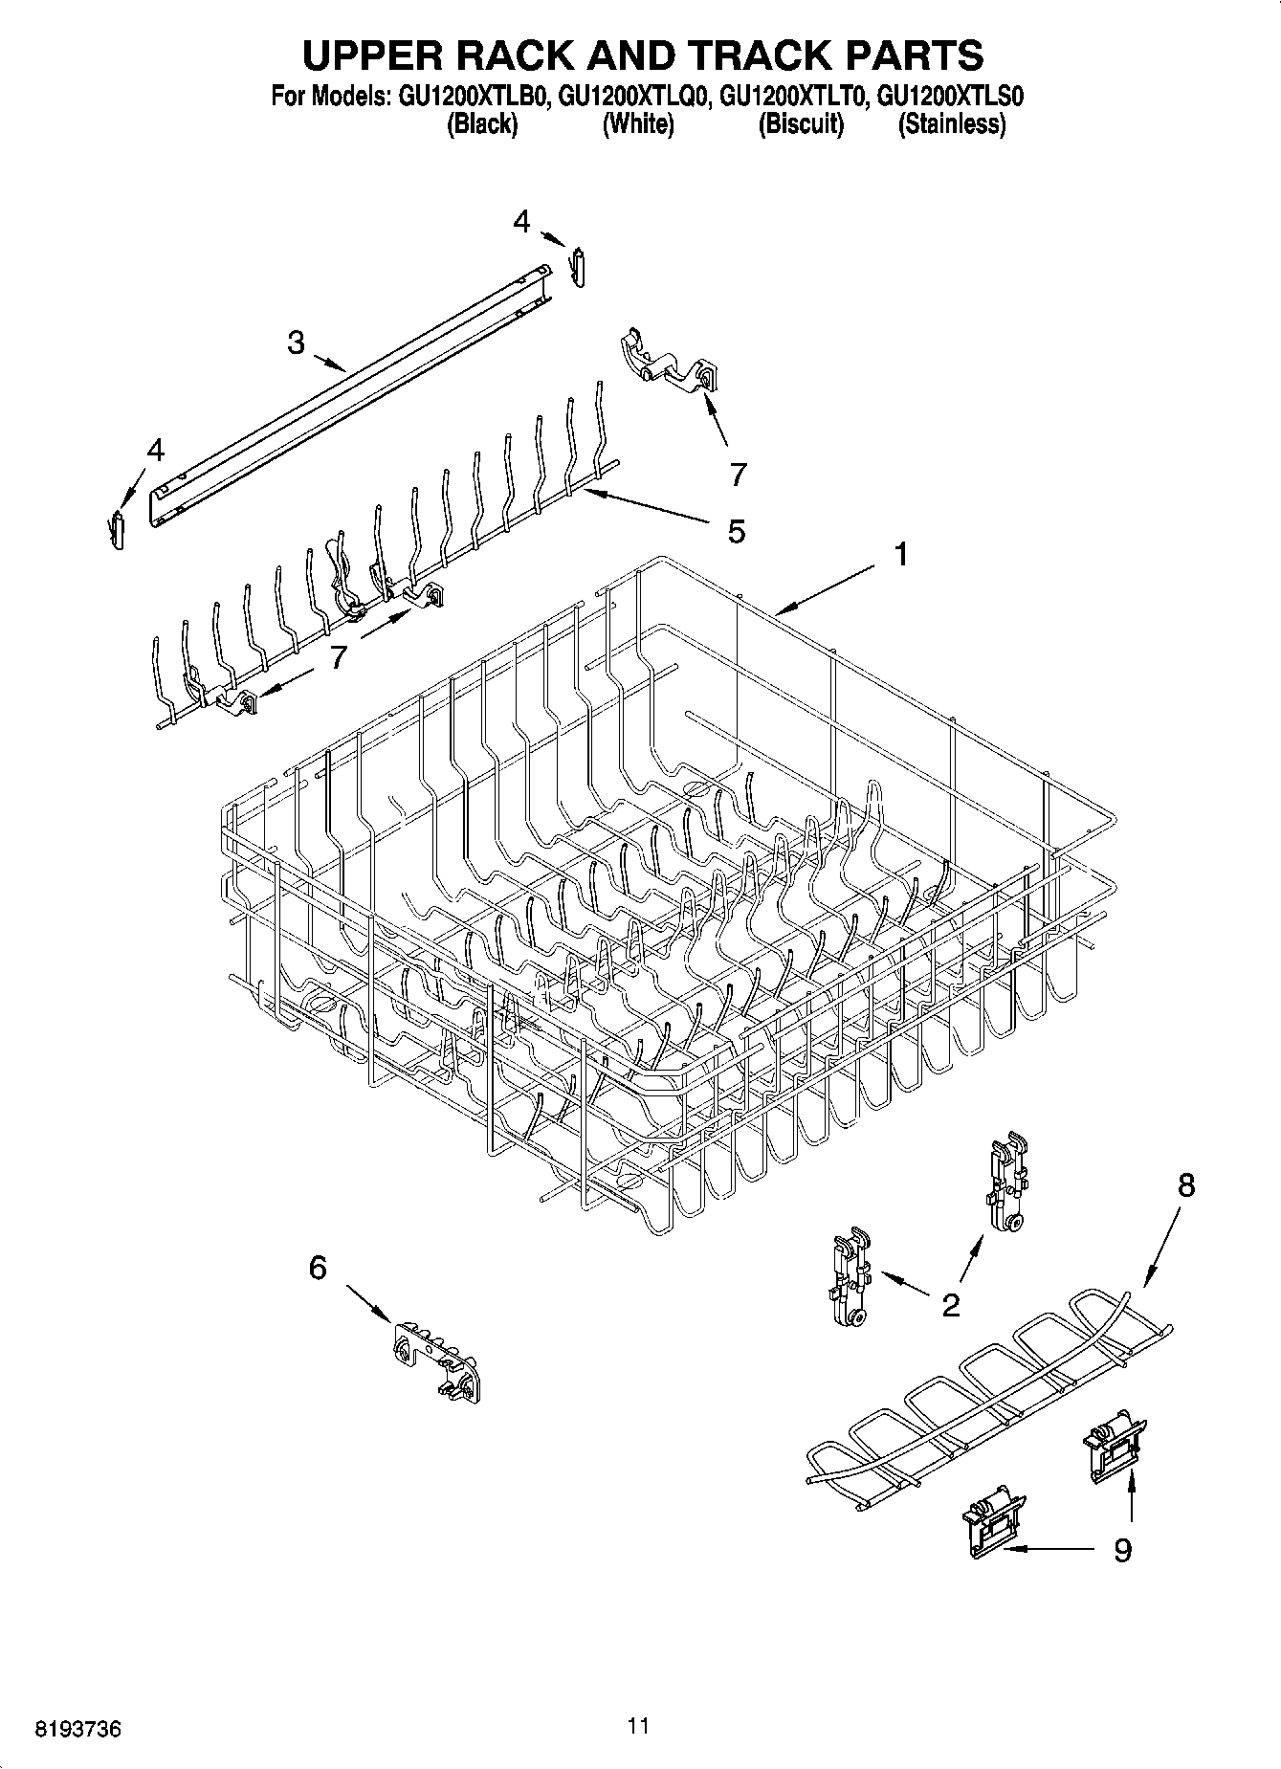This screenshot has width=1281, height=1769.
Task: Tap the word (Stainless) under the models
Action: coord(951,124)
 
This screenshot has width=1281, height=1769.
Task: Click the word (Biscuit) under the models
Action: coord(801,124)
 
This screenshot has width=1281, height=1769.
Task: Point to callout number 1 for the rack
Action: coord(900,554)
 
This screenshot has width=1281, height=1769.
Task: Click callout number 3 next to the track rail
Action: coord(297,342)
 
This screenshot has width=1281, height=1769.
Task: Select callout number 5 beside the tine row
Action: coord(736,531)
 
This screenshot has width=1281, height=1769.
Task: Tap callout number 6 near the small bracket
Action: coord(318,1269)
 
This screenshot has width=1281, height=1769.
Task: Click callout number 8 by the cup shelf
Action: coord(1185,1186)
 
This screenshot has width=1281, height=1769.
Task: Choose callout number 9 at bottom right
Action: coord(1122,1549)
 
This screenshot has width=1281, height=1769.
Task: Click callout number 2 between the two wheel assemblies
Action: coord(950,1305)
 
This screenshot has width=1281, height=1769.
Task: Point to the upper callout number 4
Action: coord(520,222)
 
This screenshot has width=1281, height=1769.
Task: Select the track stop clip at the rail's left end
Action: coord(118,529)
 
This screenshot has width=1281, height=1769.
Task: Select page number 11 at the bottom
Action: coord(638,1726)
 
